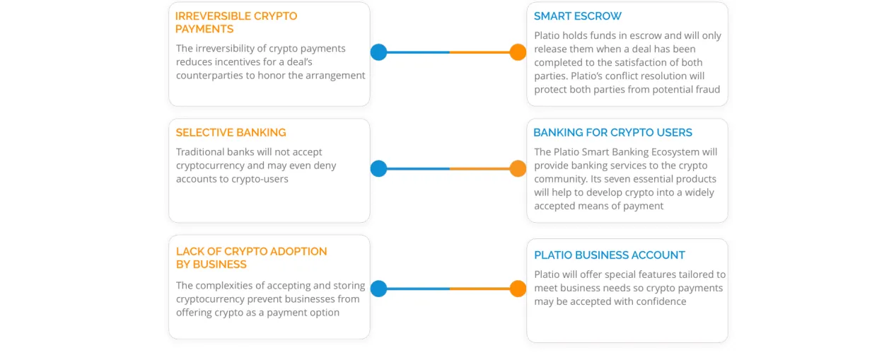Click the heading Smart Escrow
577,16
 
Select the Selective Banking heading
231,132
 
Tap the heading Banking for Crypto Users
612,132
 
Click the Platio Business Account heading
609,255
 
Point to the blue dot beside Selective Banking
378,168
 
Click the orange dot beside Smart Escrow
518,52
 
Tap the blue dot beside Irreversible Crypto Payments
378,52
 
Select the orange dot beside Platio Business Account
518,289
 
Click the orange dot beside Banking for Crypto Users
518,168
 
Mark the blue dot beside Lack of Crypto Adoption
378,289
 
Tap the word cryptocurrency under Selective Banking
210,166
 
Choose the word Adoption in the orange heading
298,251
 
